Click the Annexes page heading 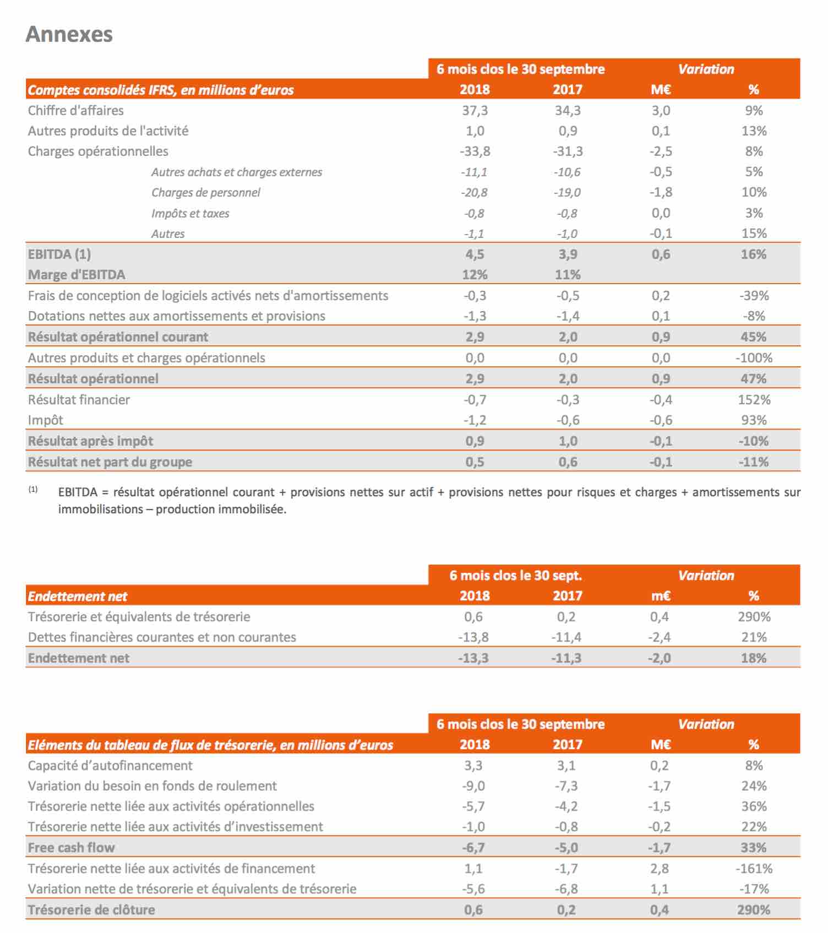click(69, 34)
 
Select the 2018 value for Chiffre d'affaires click(475, 111)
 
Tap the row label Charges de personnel click(206, 193)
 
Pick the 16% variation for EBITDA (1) click(754, 254)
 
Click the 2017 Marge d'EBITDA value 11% click(568, 275)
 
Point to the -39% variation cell click(754, 296)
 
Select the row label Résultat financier click(79, 400)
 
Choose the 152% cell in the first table click(754, 400)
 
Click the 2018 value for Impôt click(475, 420)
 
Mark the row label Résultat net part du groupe click(110, 462)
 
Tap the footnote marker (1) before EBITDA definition click(33, 489)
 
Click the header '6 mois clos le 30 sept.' click(516, 576)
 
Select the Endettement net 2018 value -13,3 click(473, 658)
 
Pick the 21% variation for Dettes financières click(754, 637)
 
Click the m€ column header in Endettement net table click(661, 596)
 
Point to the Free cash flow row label click(72, 848)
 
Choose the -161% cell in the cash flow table click(754, 869)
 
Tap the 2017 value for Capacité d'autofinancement click(566, 766)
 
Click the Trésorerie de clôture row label click(91, 910)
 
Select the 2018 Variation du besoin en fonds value click(473, 786)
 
